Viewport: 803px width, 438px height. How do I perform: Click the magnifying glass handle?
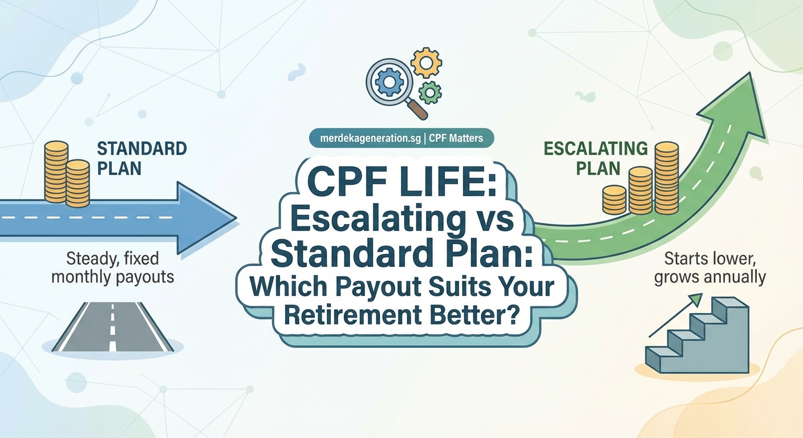pos(418,109)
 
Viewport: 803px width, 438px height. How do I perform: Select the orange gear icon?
pos(426,62)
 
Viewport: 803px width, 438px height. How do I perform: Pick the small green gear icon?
pos(430,92)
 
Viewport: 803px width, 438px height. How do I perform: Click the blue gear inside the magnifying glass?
pos(390,83)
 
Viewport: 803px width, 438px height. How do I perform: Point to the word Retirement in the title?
pos(349,315)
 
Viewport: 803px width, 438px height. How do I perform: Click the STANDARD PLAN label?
pos(142,158)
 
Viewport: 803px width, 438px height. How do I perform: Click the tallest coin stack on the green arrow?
pos(666,177)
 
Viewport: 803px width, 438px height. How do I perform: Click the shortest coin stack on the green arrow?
pos(614,200)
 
